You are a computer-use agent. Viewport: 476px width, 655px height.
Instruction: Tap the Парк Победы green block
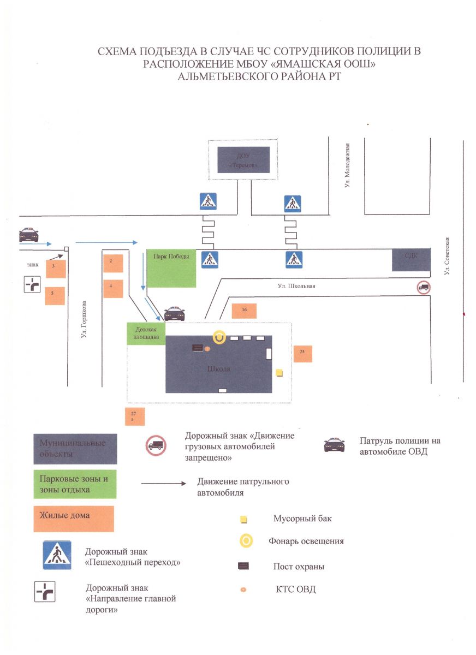pos(171,269)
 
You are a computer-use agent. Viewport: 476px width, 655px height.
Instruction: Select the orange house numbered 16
pos(243,310)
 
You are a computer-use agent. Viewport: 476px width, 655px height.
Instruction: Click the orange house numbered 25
pos(302,354)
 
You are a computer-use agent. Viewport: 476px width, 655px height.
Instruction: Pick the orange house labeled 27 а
pos(134,416)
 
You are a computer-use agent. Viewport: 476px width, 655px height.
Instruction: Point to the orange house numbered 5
pos(55,295)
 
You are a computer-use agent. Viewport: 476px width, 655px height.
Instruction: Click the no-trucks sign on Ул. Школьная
pos(424,288)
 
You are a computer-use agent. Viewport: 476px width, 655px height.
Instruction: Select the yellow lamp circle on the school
pos(219,337)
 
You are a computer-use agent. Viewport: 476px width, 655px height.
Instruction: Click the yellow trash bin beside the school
pos(279,373)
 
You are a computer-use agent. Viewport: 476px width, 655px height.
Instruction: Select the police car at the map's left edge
pos(28,235)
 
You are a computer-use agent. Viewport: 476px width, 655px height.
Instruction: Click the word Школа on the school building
pos(219,369)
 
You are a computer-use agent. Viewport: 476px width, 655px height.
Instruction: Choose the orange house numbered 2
pos(113,263)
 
